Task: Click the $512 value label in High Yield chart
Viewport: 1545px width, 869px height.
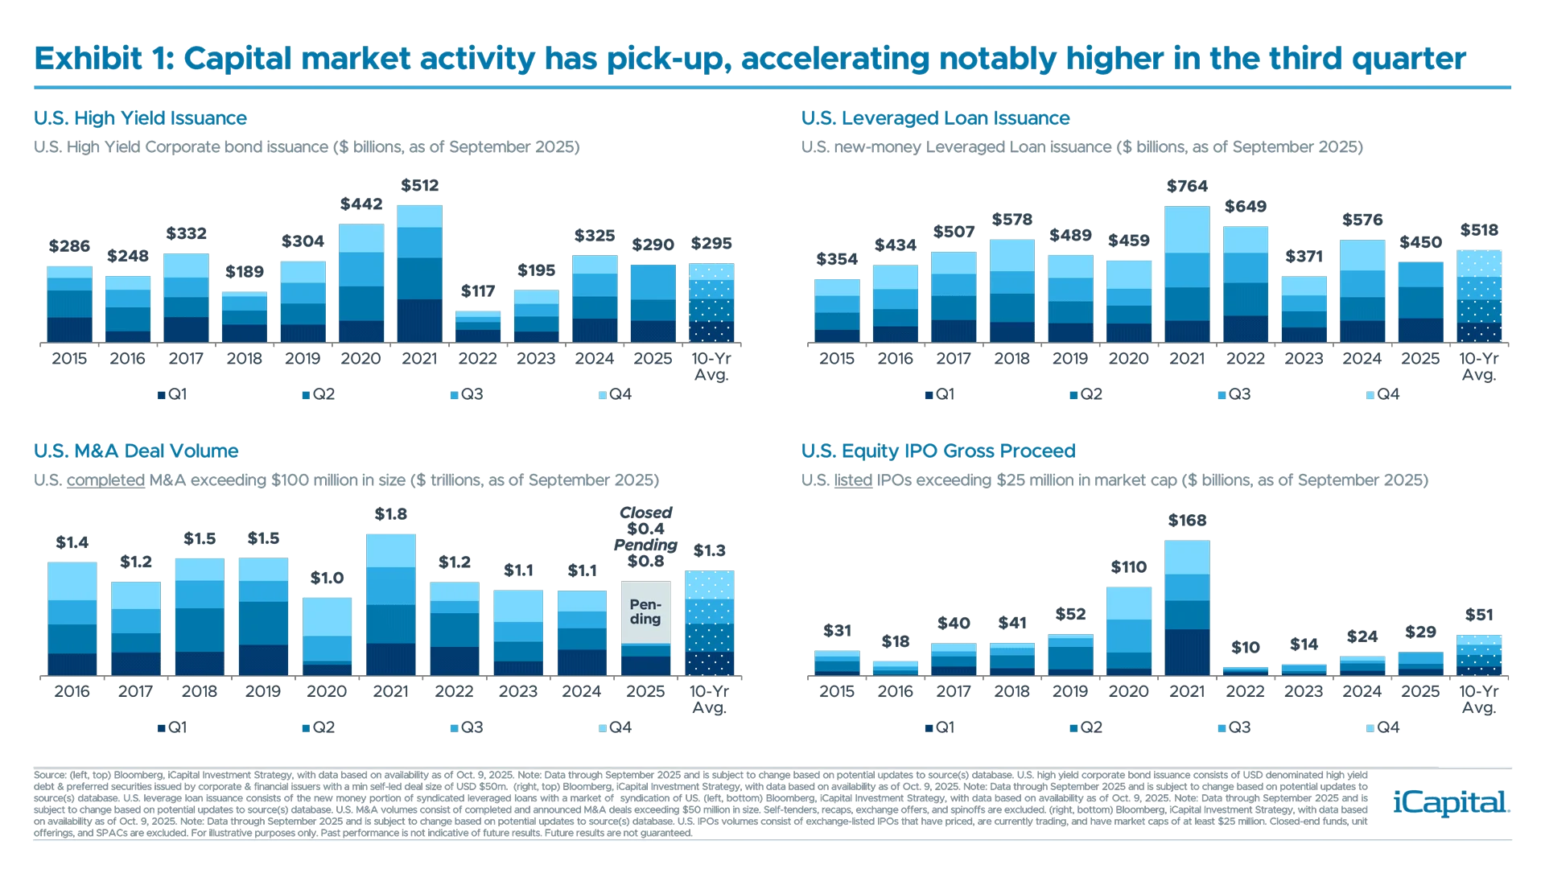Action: pos(419,186)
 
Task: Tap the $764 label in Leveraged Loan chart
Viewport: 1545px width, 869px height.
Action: pos(1187,187)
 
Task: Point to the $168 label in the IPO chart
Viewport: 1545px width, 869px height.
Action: pos(1187,521)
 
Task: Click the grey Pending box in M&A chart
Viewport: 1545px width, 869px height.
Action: pos(645,612)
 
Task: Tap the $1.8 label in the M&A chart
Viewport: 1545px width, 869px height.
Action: pos(390,513)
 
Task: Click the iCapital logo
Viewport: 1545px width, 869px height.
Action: pos(1448,803)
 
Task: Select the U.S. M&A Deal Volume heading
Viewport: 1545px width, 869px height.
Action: pos(136,451)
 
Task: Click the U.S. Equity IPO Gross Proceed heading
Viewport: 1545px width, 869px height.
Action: pos(937,451)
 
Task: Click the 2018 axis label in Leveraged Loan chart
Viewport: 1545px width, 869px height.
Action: pos(1011,359)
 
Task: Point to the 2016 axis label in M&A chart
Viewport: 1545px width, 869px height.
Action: pos(72,692)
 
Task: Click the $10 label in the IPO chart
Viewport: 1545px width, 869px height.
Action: pos(1245,647)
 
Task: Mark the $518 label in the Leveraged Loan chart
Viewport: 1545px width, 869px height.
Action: pos(1479,230)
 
